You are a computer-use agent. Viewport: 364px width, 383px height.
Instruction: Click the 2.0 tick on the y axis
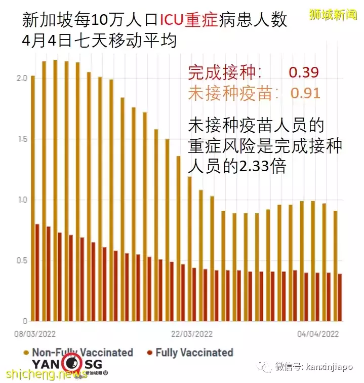[20, 79]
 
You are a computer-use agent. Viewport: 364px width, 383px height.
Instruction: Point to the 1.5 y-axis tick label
[20, 139]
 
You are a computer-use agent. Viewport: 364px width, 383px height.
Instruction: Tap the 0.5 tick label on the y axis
[20, 260]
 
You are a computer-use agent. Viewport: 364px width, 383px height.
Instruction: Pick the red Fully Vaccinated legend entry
[189, 352]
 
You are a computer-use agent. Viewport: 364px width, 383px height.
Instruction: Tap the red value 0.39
[304, 72]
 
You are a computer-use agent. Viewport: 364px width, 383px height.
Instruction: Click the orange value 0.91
[305, 94]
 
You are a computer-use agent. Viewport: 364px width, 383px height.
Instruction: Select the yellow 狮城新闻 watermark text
[333, 15]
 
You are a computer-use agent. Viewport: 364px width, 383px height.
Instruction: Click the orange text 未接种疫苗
[225, 94]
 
